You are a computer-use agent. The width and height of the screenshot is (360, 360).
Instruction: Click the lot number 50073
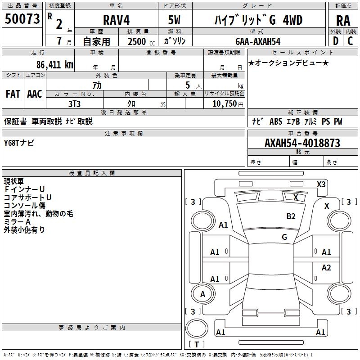[x=22, y=19]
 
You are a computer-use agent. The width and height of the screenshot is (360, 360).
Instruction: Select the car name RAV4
[x=116, y=20]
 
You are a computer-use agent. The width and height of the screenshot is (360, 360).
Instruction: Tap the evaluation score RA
[x=343, y=20]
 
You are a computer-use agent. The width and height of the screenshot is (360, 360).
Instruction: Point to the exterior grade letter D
[x=335, y=40]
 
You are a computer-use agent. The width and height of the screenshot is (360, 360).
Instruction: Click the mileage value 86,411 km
[x=55, y=64]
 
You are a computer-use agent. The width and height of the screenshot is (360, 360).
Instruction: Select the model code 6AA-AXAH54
[x=257, y=41]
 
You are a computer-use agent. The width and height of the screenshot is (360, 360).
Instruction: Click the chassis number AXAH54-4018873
[x=302, y=143]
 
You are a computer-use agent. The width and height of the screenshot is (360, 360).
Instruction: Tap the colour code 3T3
[x=74, y=103]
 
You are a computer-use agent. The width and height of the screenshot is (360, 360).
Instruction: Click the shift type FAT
[x=13, y=94]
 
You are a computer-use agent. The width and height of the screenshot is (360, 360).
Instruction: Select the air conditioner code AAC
[x=35, y=94]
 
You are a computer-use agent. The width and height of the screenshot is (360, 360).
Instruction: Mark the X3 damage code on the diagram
[x=321, y=184]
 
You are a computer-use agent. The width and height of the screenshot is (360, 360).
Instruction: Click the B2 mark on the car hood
[x=291, y=216]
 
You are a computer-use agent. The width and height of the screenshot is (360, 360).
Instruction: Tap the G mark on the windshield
[x=284, y=237]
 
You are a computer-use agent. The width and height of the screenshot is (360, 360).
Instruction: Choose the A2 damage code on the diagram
[x=326, y=268]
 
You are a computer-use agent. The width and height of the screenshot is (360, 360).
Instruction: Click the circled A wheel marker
[x=202, y=294]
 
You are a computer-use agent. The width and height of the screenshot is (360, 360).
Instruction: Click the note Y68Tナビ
[x=19, y=143]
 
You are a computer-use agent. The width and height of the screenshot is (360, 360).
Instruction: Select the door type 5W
[x=175, y=20]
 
